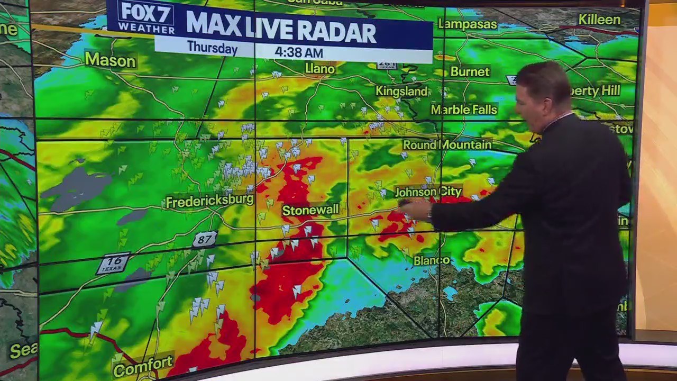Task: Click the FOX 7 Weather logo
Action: [146, 17]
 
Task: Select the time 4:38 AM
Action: [298, 53]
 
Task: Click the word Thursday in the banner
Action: [212, 49]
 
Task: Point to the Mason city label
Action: [110, 60]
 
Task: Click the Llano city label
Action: [320, 69]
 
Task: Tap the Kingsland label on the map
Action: [401, 91]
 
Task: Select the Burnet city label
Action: [470, 71]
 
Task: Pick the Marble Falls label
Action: [464, 110]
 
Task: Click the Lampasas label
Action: [468, 24]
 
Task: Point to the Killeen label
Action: [599, 20]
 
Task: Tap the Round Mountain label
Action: [447, 144]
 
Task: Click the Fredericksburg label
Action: [209, 201]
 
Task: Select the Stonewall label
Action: [310, 210]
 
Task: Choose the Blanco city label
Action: [432, 260]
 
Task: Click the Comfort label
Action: [143, 365]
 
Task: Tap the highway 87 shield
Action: [204, 240]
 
